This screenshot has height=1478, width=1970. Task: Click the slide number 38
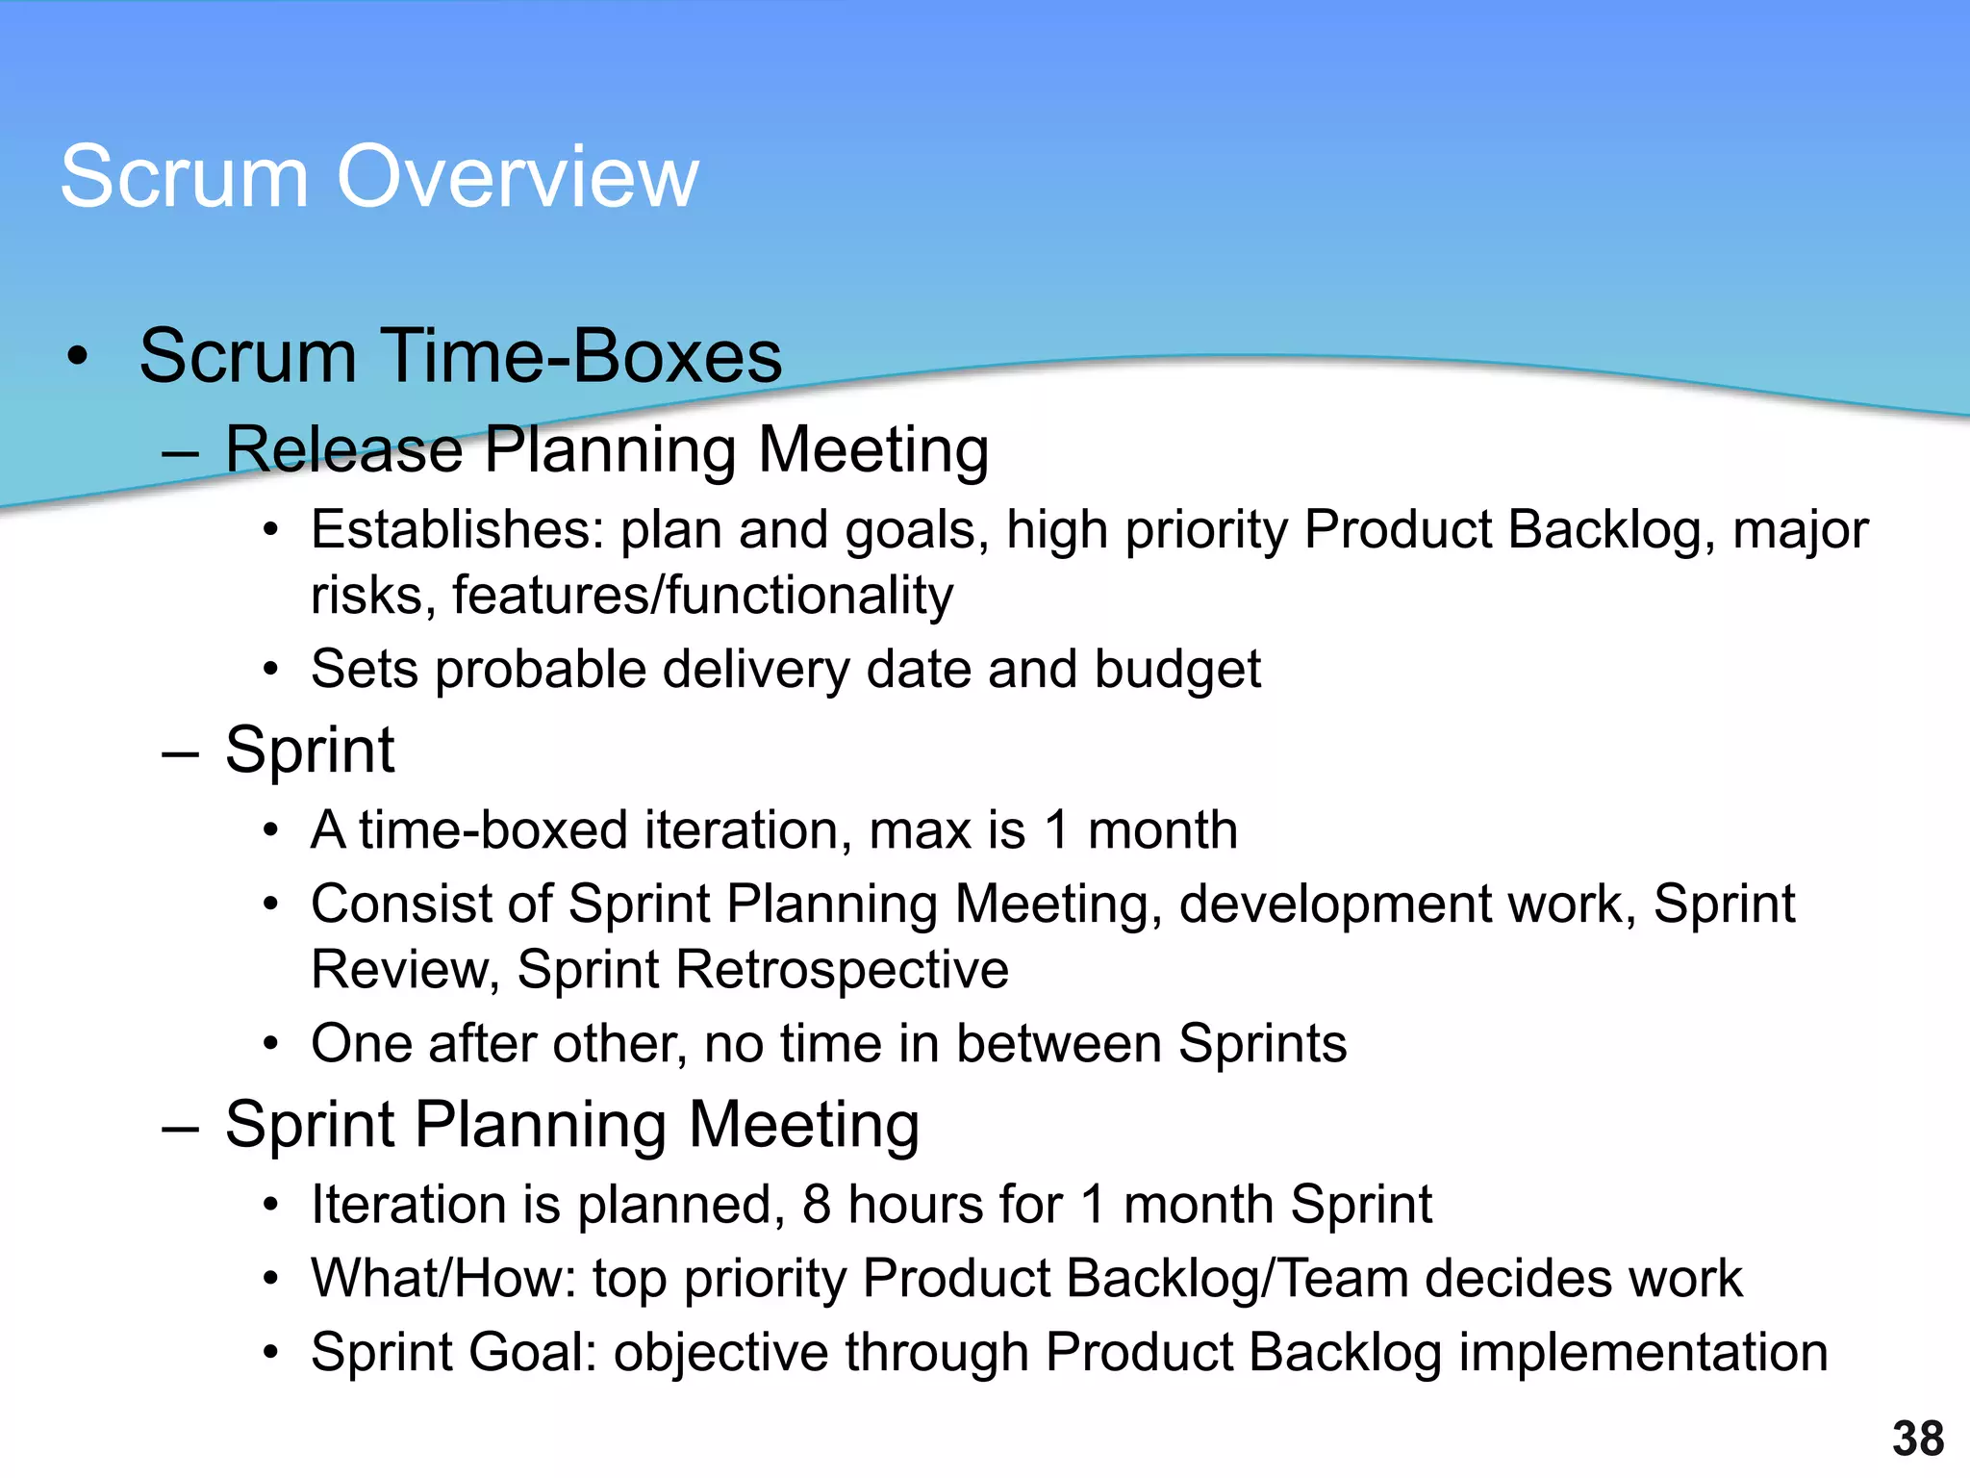[1918, 1439]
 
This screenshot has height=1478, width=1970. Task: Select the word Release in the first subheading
[343, 449]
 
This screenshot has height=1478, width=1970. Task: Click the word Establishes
[457, 529]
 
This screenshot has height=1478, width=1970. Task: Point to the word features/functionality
[702, 595]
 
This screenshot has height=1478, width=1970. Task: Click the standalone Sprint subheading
[309, 750]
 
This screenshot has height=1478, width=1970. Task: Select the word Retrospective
[842, 969]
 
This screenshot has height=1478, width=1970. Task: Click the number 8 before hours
[816, 1205]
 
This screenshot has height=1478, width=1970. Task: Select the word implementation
[1643, 1352]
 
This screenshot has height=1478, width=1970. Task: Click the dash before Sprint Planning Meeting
[180, 1127]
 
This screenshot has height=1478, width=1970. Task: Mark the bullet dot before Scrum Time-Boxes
[78, 359]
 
